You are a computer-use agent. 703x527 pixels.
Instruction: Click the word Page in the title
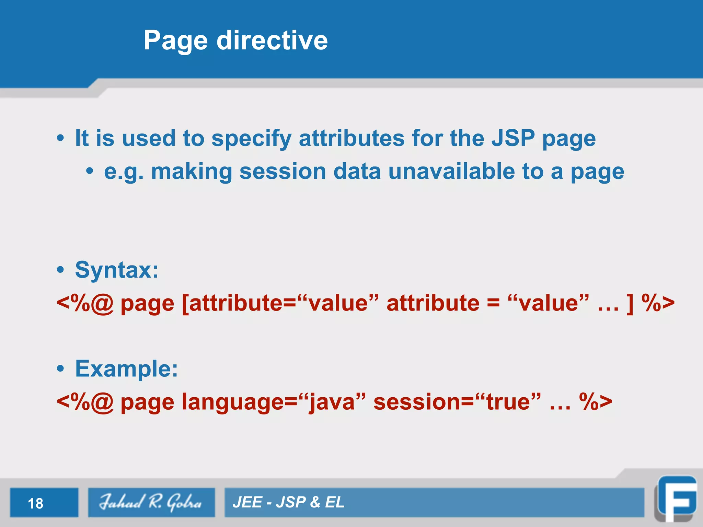175,40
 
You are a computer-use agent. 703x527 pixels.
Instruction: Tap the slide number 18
35,503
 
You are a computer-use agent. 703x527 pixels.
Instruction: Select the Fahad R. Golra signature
150,502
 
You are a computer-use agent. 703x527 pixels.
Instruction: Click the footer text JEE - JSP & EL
288,502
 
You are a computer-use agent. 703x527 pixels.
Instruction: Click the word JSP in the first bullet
513,138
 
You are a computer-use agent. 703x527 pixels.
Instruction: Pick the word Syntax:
117,270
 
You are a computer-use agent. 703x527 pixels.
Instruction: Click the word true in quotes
508,402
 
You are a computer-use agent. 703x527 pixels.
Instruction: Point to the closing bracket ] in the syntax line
630,303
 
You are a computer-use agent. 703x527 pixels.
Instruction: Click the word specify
251,139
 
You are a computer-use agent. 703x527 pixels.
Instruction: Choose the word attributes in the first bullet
351,138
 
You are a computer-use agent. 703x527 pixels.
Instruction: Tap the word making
192,172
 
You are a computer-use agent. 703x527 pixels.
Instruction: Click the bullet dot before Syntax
60,270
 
